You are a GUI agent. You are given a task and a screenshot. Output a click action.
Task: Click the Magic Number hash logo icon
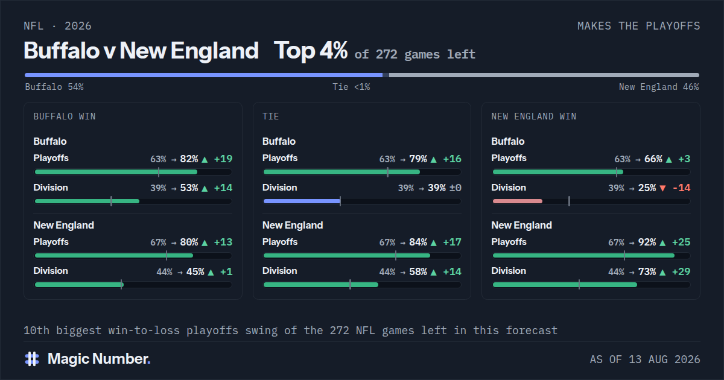tap(32, 359)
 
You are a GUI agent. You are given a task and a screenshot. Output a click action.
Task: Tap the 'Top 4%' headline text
tap(311, 51)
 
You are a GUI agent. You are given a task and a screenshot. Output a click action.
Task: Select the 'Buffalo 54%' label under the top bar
tap(54, 87)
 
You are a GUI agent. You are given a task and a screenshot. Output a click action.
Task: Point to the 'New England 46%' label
tap(659, 87)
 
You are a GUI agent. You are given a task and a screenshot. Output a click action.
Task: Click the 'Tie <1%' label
tap(351, 87)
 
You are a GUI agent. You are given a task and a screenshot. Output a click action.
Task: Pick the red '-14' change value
tap(681, 188)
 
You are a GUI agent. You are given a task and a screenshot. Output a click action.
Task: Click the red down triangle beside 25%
tap(662, 188)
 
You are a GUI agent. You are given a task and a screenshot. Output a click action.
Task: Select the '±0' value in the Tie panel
tap(455, 188)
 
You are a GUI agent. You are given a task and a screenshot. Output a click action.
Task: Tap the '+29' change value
tap(681, 271)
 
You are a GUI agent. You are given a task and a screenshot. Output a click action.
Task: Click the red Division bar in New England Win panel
tap(518, 201)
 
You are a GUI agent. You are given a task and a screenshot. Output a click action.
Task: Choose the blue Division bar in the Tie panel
tap(302, 201)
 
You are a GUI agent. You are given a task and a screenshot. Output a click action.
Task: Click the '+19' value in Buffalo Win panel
tap(223, 159)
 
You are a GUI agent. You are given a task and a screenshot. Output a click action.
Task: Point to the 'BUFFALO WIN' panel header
tap(65, 116)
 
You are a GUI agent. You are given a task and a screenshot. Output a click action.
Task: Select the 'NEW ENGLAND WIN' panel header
tap(533, 116)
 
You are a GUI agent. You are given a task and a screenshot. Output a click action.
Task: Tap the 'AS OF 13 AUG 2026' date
tap(645, 359)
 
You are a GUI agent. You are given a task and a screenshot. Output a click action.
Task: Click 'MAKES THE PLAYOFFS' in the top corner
tap(639, 26)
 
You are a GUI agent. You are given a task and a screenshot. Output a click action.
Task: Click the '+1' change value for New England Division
tap(226, 271)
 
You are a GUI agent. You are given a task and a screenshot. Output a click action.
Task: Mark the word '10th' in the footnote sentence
tap(37, 331)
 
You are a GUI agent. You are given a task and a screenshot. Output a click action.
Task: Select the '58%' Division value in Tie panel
tap(418, 271)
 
